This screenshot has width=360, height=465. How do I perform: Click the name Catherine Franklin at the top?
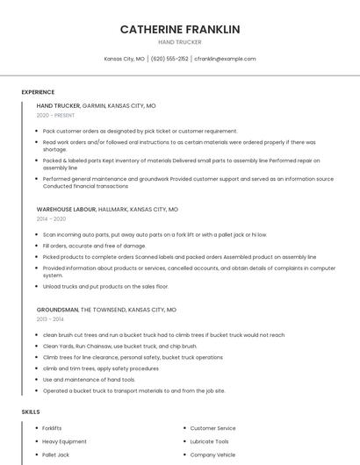pyautogui.click(x=180, y=29)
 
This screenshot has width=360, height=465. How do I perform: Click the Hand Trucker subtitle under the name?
pyautogui.click(x=180, y=42)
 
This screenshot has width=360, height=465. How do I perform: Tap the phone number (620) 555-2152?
pyautogui.click(x=169, y=59)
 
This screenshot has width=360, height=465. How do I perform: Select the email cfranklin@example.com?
pyautogui.click(x=225, y=59)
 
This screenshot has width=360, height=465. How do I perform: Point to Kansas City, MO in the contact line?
pyautogui.click(x=125, y=59)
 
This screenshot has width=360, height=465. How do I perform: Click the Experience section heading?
pyautogui.click(x=38, y=92)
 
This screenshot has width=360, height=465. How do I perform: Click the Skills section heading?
pyautogui.click(x=31, y=411)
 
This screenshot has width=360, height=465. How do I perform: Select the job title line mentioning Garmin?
pyautogui.click(x=96, y=105)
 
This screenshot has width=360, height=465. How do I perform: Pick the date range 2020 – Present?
pyautogui.click(x=56, y=115)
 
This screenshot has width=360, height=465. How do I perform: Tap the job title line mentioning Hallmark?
pyautogui.click(x=107, y=210)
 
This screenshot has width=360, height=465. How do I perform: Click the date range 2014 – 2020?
pyautogui.click(x=51, y=219)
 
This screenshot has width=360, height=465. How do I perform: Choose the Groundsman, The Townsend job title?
pyautogui.click(x=106, y=310)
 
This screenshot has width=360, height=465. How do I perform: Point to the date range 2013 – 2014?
pyautogui.click(x=50, y=319)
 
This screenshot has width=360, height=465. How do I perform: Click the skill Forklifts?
pyautogui.click(x=53, y=428)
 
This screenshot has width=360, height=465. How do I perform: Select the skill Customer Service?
pyautogui.click(x=212, y=428)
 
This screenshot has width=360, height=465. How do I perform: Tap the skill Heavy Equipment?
pyautogui.click(x=64, y=441)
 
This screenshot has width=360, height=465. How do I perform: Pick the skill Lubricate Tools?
pyautogui.click(x=209, y=441)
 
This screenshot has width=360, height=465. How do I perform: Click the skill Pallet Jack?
pyautogui.click(x=55, y=455)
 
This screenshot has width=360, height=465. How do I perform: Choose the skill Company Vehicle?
pyautogui.click(x=212, y=455)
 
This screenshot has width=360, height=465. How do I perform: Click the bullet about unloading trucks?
pyautogui.click(x=105, y=286)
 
